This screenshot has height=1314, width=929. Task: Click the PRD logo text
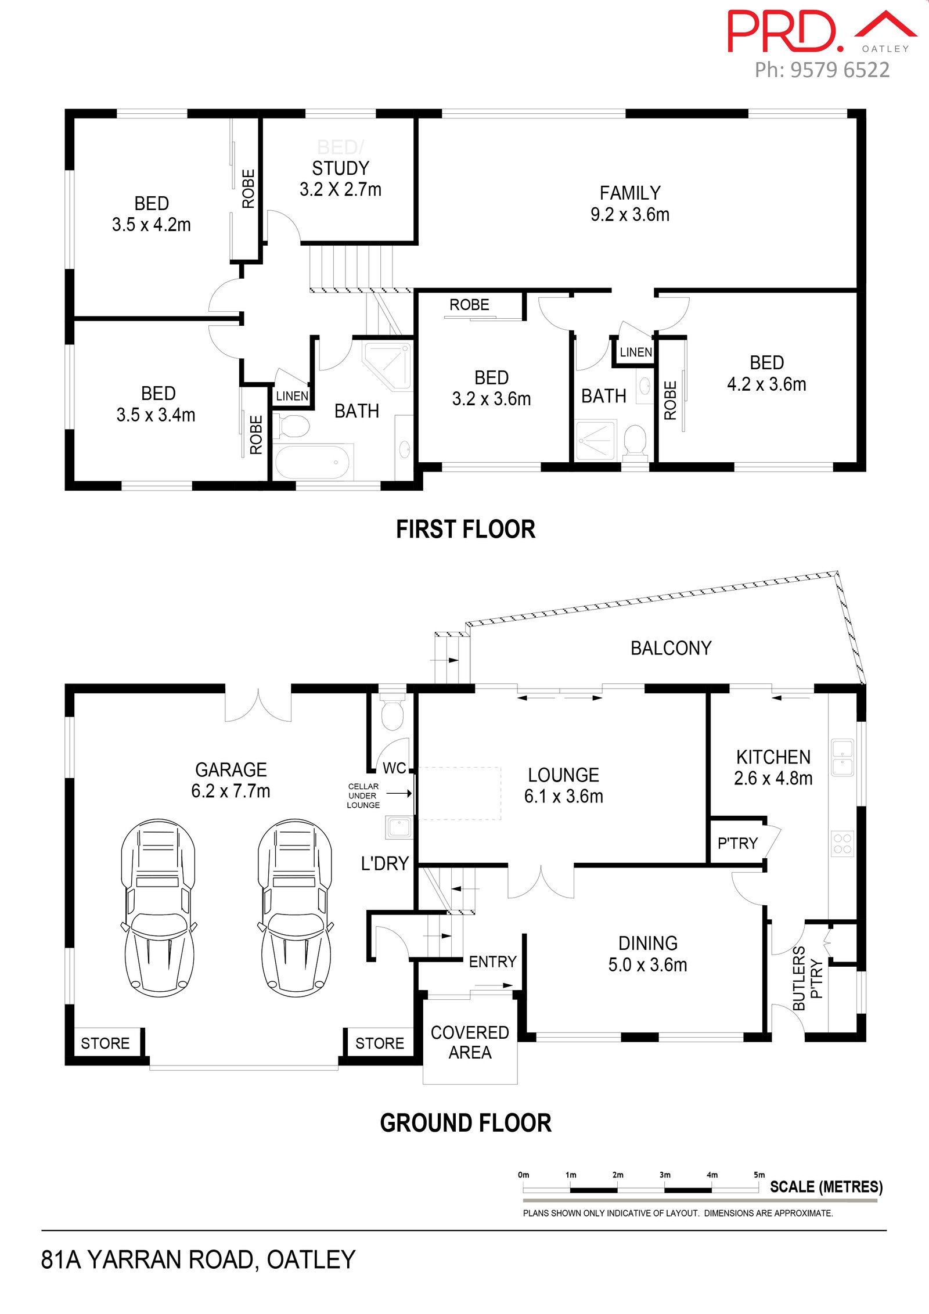[785, 31]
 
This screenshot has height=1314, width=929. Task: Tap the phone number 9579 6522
[840, 70]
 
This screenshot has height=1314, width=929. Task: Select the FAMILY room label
[630, 193]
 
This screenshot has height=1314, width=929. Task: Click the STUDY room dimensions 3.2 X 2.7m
[340, 189]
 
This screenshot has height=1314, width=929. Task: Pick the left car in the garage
[158, 908]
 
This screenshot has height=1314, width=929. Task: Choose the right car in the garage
[296, 908]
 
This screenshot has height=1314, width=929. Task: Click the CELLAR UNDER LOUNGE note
[363, 795]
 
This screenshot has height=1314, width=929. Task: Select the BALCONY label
[671, 648]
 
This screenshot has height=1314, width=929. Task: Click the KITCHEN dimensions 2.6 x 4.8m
[773, 778]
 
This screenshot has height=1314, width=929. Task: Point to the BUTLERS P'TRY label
[808, 978]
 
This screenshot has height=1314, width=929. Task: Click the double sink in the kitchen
[842, 758]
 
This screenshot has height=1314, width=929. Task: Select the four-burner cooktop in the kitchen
[842, 844]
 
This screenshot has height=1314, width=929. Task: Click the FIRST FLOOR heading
[466, 530]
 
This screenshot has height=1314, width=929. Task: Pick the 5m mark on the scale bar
[759, 1175]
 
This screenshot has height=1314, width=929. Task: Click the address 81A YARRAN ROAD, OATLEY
[198, 1259]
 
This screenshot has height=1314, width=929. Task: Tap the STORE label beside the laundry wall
[380, 1043]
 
